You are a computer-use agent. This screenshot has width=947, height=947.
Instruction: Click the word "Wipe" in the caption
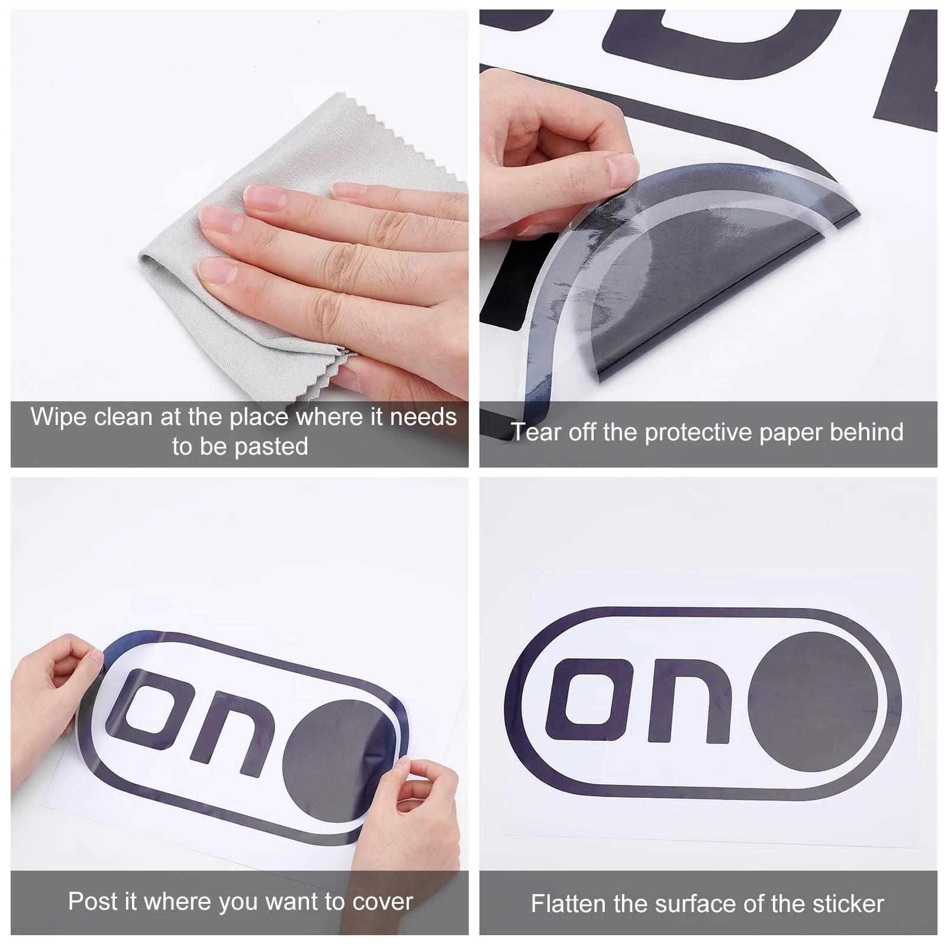click(x=58, y=418)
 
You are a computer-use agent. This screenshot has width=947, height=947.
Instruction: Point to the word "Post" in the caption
click(x=91, y=901)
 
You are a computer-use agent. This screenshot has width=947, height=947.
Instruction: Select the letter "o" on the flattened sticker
click(x=592, y=700)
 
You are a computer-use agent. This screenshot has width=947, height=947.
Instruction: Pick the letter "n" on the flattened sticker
click(x=690, y=700)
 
